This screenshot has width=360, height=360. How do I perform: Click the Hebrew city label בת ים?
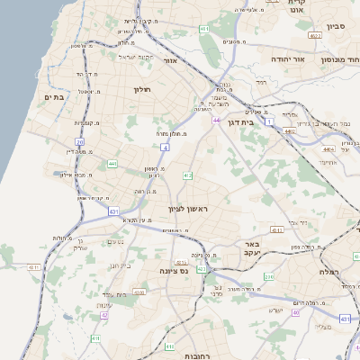click(51, 97)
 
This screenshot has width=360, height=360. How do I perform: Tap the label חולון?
click(144, 89)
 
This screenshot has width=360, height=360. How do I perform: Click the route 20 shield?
click(79, 142)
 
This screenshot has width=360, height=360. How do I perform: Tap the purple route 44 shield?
click(216, 120)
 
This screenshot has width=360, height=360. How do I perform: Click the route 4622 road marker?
click(314, 36)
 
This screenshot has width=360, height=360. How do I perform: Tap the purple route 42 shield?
click(104, 315)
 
